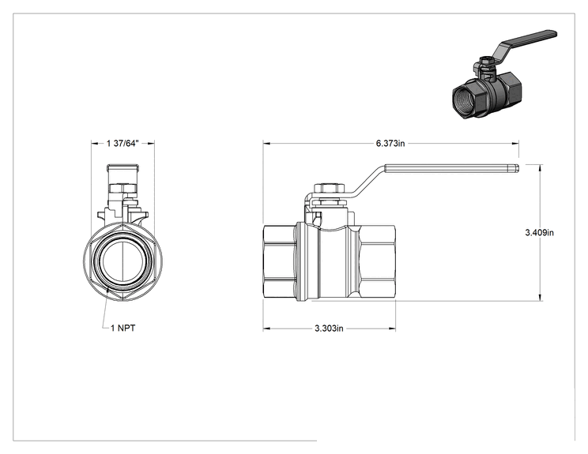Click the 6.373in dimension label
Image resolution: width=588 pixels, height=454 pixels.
(x=390, y=144)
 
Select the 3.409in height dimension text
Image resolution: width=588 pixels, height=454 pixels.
(x=539, y=233)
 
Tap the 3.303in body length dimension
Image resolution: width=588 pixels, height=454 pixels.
(x=329, y=328)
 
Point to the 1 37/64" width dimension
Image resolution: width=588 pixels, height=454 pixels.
(x=122, y=144)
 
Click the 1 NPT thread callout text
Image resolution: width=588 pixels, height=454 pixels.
(x=123, y=328)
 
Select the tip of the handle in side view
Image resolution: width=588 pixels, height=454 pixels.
(x=517, y=169)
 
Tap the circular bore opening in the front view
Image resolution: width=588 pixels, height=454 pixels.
(x=123, y=259)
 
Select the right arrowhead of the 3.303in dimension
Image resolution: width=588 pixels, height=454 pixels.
(x=392, y=329)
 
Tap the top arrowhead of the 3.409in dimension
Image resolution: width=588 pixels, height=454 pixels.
(x=540, y=168)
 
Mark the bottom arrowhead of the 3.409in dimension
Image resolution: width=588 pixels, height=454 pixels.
(x=540, y=297)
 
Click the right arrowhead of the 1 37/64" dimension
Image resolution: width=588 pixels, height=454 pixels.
(x=151, y=143)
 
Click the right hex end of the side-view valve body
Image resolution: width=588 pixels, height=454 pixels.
(x=376, y=261)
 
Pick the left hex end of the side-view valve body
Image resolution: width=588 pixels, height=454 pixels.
(x=279, y=261)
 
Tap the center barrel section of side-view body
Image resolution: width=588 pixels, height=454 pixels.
(x=337, y=262)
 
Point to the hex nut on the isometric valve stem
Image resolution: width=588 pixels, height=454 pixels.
(x=486, y=60)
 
